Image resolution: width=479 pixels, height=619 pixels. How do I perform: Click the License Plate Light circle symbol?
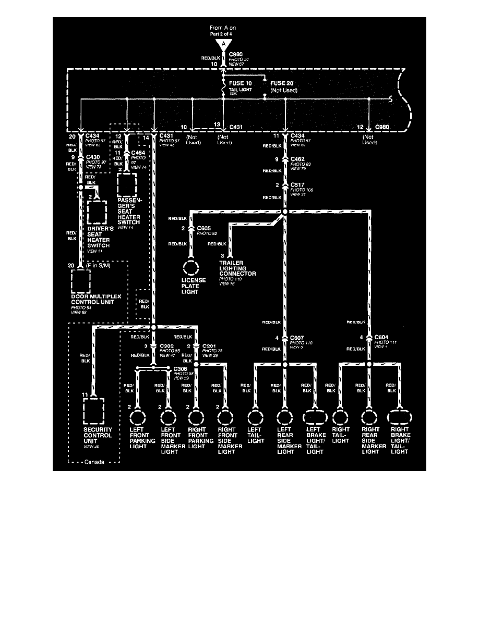coord(191,267)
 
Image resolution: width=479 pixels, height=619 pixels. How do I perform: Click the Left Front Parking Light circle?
coord(139,418)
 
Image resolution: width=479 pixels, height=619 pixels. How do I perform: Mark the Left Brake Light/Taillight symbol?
coord(315,418)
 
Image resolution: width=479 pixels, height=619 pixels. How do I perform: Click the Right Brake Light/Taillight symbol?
coord(400,418)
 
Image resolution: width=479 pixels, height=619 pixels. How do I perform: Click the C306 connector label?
coord(182,367)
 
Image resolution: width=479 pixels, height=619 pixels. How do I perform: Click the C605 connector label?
coord(205,229)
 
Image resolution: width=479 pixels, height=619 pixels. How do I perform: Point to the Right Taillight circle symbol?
coord(340,418)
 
